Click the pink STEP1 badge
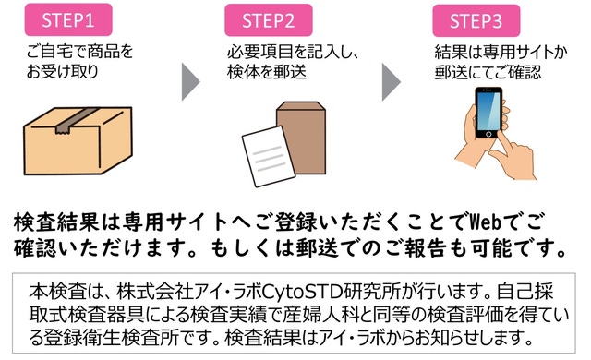click(x=68, y=19)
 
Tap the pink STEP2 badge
click(x=269, y=20)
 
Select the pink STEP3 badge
click(x=476, y=20)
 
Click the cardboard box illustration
click(x=78, y=141)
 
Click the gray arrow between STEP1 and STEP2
click(x=191, y=82)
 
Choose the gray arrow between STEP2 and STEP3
click(x=392, y=82)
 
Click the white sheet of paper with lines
click(x=269, y=157)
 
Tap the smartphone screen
click(x=488, y=111)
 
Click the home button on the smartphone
click(x=488, y=134)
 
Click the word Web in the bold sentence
click(x=486, y=222)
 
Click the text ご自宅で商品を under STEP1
click(x=80, y=52)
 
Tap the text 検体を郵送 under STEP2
click(x=267, y=72)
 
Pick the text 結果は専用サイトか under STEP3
click(x=501, y=53)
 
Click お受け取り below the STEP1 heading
click(x=63, y=72)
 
